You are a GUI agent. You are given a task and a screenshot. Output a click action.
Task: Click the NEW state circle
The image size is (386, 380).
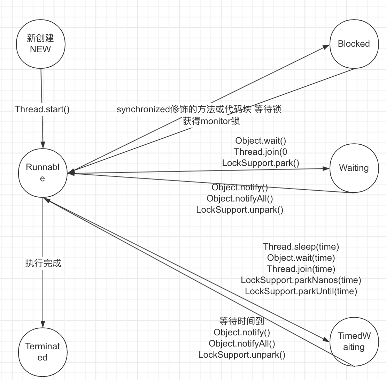pos(40,44)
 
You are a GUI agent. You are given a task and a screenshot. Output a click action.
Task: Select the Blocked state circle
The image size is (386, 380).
pos(354,44)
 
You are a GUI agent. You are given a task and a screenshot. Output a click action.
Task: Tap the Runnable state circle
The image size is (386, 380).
pos(43,173)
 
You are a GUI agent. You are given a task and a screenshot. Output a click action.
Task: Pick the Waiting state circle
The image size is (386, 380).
pos(354,168)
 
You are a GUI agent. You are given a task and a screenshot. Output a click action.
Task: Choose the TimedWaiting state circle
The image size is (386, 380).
pos(354,342)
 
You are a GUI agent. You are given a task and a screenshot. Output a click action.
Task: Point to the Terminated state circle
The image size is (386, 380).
pos(43,352)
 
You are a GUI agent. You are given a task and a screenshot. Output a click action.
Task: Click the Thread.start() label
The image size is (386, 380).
pos(42,109)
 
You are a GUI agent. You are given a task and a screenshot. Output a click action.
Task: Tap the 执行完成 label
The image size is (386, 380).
pos(43,263)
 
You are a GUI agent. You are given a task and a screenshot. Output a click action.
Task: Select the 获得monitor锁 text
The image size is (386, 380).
pos(211,121)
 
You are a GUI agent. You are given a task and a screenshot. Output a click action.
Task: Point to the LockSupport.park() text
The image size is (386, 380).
pos(261,163)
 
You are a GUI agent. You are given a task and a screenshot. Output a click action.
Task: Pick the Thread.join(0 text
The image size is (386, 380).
pos(261,152)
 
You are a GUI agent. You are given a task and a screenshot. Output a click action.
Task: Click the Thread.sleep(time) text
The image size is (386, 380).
pos(301,247)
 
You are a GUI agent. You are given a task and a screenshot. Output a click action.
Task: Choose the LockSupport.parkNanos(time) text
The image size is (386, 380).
pos(301,280)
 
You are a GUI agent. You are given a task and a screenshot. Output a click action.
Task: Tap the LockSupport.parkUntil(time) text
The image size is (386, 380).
pos(301,291)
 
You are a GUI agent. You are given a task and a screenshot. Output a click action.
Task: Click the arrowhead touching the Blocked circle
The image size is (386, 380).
pos(326,47)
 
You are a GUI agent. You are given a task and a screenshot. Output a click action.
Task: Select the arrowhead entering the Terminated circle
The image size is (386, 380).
pos(43,324)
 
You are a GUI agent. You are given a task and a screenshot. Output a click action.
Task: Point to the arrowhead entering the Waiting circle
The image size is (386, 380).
pos(326,169)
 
